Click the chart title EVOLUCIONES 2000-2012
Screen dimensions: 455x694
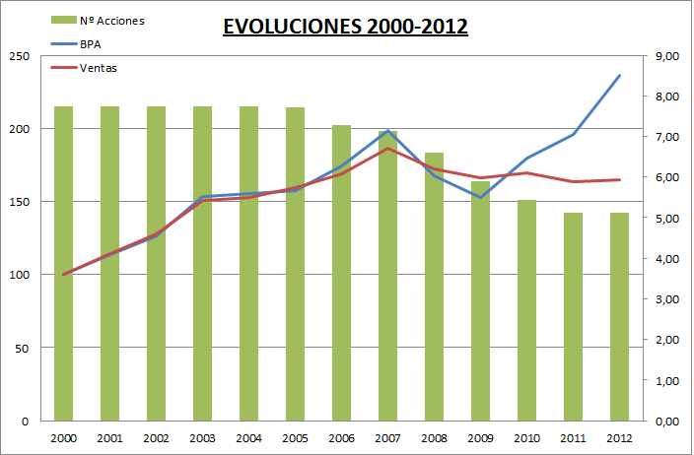pyautogui.click(x=345, y=27)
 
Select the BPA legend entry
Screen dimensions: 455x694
pyautogui.click(x=88, y=44)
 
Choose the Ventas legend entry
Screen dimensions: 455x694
pyautogui.click(x=95, y=67)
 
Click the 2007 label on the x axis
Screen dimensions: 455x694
pyautogui.click(x=388, y=438)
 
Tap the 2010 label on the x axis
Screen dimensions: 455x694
pyautogui.click(x=526, y=438)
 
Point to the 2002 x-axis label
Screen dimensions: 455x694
pyautogui.click(x=157, y=438)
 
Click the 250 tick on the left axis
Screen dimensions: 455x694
pyautogui.click(x=17, y=56)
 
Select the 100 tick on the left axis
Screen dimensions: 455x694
pyautogui.click(x=17, y=275)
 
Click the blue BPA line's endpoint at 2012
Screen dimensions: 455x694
pyautogui.click(x=619, y=75)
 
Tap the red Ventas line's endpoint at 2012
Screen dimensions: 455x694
pyautogui.click(x=619, y=179)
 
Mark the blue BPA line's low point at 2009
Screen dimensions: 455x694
pyautogui.click(x=480, y=197)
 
